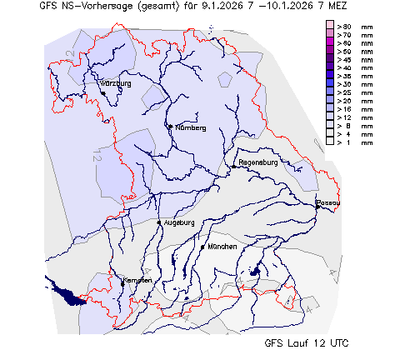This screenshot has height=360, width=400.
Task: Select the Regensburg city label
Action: pos(257,162)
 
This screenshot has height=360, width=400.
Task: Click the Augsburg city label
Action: pos(179,223)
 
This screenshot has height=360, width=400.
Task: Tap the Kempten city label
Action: pos(138,281)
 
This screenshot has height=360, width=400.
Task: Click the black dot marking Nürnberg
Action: pos(170,127)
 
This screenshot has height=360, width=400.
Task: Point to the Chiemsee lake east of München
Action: pos(255,272)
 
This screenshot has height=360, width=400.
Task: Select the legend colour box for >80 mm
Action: pos(330,27)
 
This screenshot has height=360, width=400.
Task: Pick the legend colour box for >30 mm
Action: pos(330,85)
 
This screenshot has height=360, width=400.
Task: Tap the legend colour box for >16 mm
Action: pos(330,109)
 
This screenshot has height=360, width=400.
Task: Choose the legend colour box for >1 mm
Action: pos(330,142)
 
